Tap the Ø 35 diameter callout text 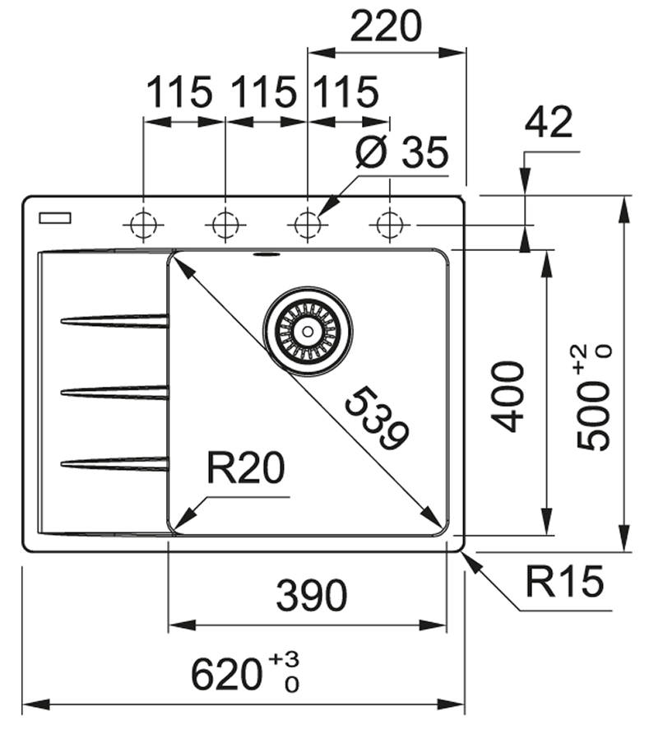click(402, 153)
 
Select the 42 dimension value click(548, 123)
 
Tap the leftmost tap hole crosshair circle click(143, 224)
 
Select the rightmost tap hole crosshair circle click(388, 224)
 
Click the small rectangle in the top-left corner click(55, 218)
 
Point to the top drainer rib click(115, 320)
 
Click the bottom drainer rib click(115, 464)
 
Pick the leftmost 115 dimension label click(180, 92)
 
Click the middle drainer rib click(115, 393)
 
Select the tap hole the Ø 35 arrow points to click(307, 224)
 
